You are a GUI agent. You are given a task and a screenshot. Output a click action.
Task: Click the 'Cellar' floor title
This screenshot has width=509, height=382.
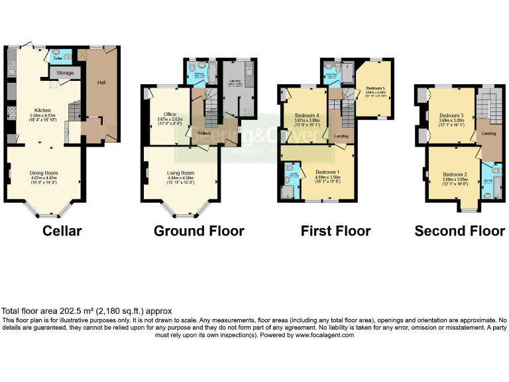coord(62,231)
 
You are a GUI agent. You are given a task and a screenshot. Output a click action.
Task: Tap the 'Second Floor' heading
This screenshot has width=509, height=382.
coord(459,231)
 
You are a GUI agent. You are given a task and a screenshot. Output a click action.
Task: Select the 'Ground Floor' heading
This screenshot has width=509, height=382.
coord(199,231)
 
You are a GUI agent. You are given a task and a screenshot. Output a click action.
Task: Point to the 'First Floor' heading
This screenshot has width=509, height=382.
coord(335,231)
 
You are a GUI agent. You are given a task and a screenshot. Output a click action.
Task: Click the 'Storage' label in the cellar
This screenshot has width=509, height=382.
coord(65,73)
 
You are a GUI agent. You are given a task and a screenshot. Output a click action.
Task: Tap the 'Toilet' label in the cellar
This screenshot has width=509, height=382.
coord(58,58)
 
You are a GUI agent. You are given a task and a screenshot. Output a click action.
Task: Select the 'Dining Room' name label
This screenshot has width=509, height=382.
coord(45,173)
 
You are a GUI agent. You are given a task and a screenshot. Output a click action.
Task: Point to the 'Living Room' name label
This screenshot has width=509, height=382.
coord(180,172)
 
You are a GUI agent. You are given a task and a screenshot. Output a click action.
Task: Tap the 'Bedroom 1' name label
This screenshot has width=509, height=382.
coord(327,172)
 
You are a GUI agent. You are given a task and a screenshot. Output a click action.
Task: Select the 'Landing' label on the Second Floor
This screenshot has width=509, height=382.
coord(489,133)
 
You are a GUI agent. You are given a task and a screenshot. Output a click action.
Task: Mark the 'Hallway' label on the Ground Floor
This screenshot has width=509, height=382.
coord(203,133)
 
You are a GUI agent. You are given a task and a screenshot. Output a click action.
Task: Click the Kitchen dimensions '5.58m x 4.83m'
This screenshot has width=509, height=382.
coord(42,116)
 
